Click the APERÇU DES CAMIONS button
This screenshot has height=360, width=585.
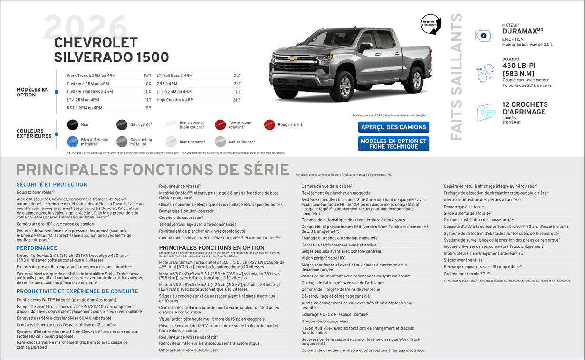[x=393, y=127]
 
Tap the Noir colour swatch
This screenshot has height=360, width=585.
[x=72, y=125]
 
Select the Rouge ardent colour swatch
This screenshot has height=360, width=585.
[x=269, y=125]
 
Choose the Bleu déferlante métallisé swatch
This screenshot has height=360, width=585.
[x=72, y=142]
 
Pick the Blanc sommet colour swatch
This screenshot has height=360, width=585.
[x=171, y=142]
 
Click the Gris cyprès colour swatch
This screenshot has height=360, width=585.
[x=122, y=125]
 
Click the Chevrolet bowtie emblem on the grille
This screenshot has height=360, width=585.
[x=292, y=58]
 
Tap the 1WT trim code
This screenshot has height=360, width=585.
[x=147, y=76]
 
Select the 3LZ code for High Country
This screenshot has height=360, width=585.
[x=237, y=100]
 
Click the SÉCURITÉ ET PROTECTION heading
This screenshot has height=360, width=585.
[x=52, y=185]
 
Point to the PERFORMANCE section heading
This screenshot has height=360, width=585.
[x=37, y=248]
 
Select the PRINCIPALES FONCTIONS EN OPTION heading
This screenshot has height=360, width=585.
[x=211, y=248]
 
